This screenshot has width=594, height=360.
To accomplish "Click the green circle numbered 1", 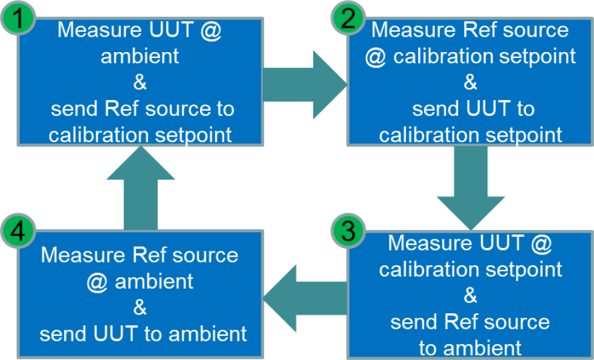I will point(19,18).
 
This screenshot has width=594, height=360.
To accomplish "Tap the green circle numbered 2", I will point(348,18).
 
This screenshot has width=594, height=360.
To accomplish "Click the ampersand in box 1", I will point(140,83).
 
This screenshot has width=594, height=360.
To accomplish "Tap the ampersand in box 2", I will point(470,83).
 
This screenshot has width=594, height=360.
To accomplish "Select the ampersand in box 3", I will point(470,296).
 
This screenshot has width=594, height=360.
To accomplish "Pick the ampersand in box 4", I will point(140,308).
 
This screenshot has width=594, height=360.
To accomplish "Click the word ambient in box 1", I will point(140,57).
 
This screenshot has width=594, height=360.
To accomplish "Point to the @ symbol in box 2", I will point(375,57).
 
